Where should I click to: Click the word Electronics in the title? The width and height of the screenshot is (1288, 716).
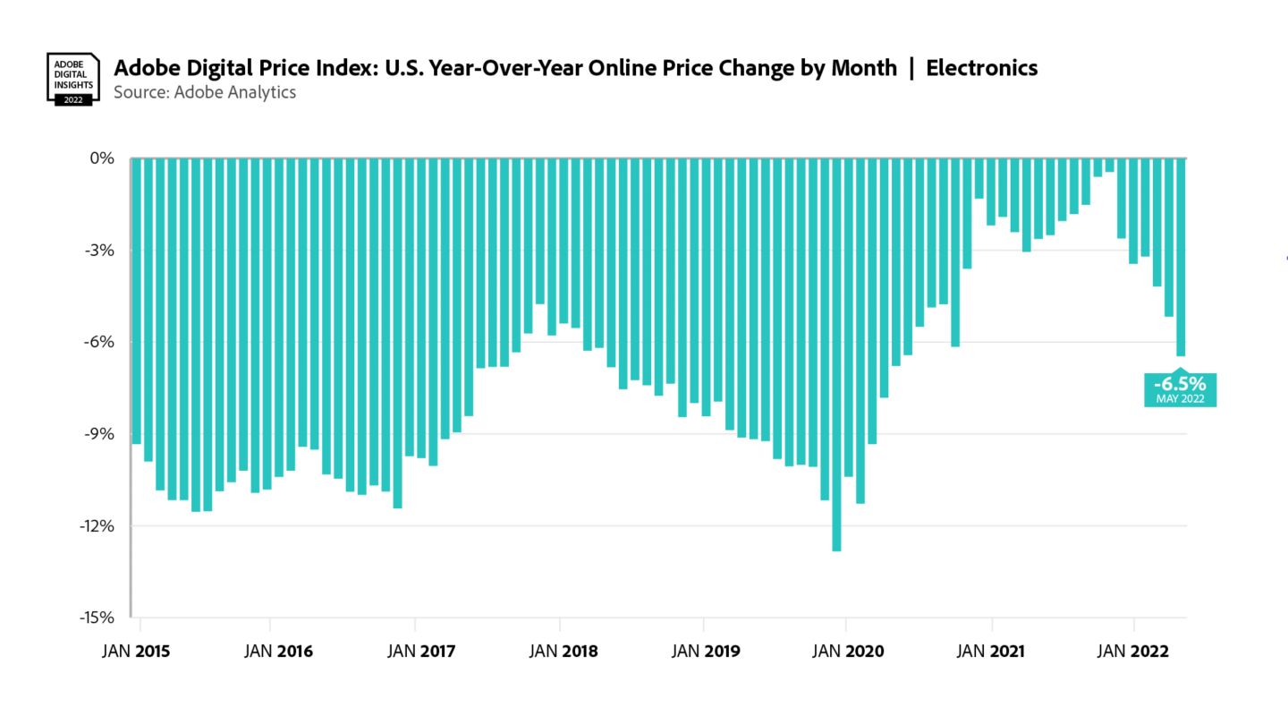(x=981, y=68)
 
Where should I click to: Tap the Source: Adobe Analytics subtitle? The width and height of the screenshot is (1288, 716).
(x=205, y=91)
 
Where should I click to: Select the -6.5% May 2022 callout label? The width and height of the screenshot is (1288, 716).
(x=1180, y=389)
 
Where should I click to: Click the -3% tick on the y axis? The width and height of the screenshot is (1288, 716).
(x=100, y=251)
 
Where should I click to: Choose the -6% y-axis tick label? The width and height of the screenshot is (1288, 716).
(x=100, y=342)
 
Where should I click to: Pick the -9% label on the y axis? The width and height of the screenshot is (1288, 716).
(x=100, y=434)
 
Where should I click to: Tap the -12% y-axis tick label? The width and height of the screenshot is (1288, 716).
(x=97, y=526)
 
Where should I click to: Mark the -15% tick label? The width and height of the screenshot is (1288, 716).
(x=97, y=618)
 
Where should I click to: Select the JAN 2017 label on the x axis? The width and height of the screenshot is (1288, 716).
(x=420, y=652)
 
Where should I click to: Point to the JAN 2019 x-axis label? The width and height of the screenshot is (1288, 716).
(x=707, y=652)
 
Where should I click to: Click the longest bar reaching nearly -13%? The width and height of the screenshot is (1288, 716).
(x=836, y=358)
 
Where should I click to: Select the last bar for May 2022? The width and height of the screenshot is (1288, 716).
(x=1181, y=260)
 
